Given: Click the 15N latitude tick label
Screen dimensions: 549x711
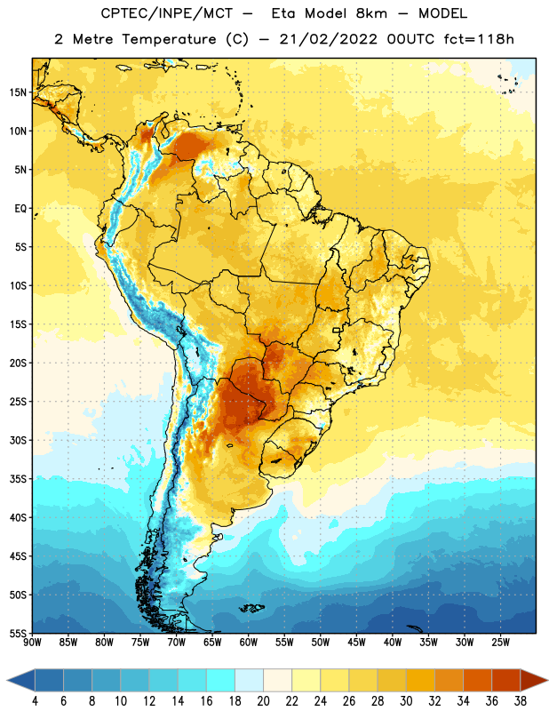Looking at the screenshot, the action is click(x=18, y=92).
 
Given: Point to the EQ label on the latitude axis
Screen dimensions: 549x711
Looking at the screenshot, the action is click(x=20, y=209).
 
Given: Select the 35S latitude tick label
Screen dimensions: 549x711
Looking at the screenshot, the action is click(x=18, y=479).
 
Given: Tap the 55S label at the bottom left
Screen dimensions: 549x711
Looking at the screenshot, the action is click(x=18, y=633).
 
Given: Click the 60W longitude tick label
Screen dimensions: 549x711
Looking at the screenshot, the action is click(x=249, y=643).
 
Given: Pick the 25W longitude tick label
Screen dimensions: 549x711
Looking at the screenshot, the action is click(x=500, y=643).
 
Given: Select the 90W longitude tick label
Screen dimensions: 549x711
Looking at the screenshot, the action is click(x=33, y=643).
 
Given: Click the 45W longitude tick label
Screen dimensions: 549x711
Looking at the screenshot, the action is click(x=356, y=643).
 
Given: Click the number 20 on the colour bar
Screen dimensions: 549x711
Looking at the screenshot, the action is click(x=263, y=701).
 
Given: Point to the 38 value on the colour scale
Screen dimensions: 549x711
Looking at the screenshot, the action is click(x=520, y=701).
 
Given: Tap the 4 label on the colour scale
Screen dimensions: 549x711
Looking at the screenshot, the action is click(x=35, y=701).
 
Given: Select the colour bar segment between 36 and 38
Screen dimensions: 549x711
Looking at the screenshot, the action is click(x=506, y=680).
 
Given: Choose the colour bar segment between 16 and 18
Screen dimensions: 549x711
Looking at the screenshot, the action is click(x=221, y=680).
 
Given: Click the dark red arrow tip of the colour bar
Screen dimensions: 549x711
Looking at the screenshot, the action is click(x=546, y=680).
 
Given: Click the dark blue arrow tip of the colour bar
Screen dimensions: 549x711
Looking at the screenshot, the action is click(x=8, y=680).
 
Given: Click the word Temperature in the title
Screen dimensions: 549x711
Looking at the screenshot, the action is click(x=169, y=39).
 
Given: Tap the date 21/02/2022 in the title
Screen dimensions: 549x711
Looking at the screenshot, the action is click(x=328, y=39).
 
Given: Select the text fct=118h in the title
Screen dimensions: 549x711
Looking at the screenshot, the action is click(x=479, y=39).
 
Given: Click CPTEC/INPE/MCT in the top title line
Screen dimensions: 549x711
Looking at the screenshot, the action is click(x=167, y=13).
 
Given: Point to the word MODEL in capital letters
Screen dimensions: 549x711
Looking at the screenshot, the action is click(x=442, y=13).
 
